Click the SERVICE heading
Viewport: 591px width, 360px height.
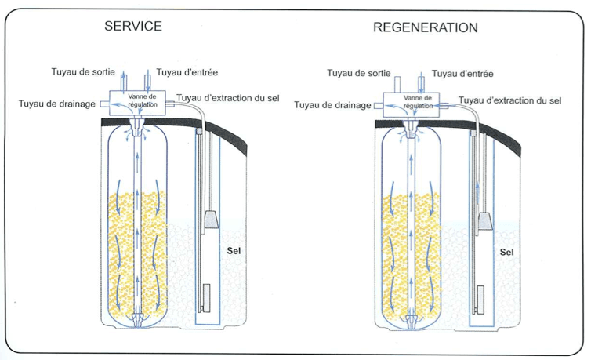click(133, 26)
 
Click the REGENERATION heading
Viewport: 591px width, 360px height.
click(425, 27)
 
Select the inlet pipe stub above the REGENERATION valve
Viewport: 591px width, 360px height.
click(421, 82)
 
